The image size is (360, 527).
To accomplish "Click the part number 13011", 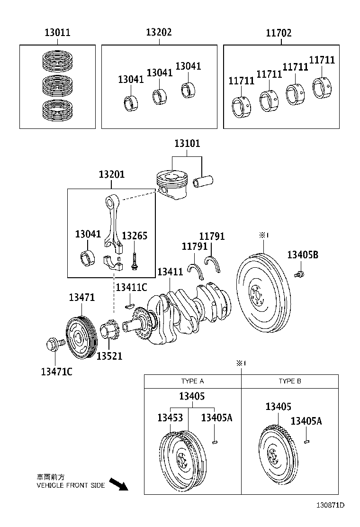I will (x=57, y=33).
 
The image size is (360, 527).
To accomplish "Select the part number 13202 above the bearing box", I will (x=159, y=33).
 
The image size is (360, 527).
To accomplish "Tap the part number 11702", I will (x=279, y=33).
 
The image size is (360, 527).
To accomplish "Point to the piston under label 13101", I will (x=171, y=185).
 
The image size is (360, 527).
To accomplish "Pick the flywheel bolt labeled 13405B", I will (x=299, y=273).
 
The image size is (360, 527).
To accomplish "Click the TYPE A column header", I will (x=192, y=381).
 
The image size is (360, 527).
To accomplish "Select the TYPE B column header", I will (x=290, y=381).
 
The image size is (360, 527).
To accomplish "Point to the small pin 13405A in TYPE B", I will (x=306, y=441).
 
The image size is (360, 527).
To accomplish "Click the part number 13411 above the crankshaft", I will (x=170, y=272).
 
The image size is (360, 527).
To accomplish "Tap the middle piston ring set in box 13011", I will (x=57, y=85).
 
